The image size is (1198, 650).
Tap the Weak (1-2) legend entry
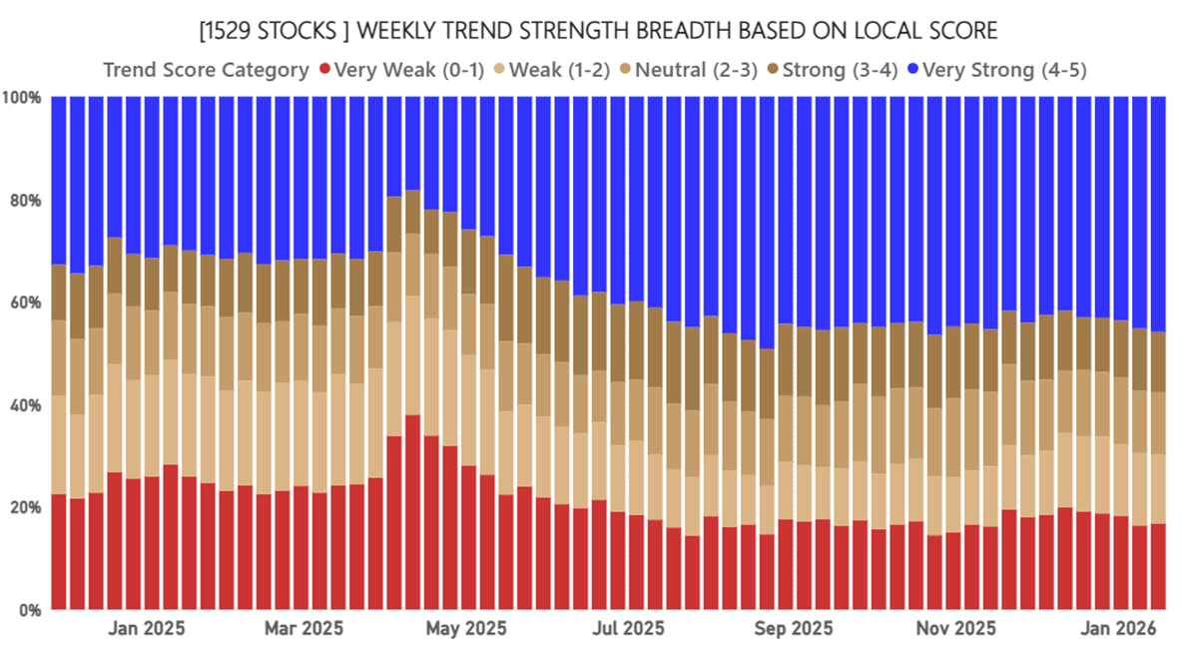coord(559,70)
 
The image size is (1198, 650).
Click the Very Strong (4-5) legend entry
coord(1004,70)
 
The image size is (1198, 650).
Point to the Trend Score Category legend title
coord(206,70)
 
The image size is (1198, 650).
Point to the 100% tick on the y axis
coord(21,98)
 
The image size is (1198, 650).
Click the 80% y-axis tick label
coord(24,201)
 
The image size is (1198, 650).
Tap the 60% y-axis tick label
coord(24,303)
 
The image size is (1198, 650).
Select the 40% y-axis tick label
coord(24,405)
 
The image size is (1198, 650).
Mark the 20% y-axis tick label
coord(24,507)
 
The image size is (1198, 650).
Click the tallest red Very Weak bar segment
coord(412,511)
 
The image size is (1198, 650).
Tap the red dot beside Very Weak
coord(324,70)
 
